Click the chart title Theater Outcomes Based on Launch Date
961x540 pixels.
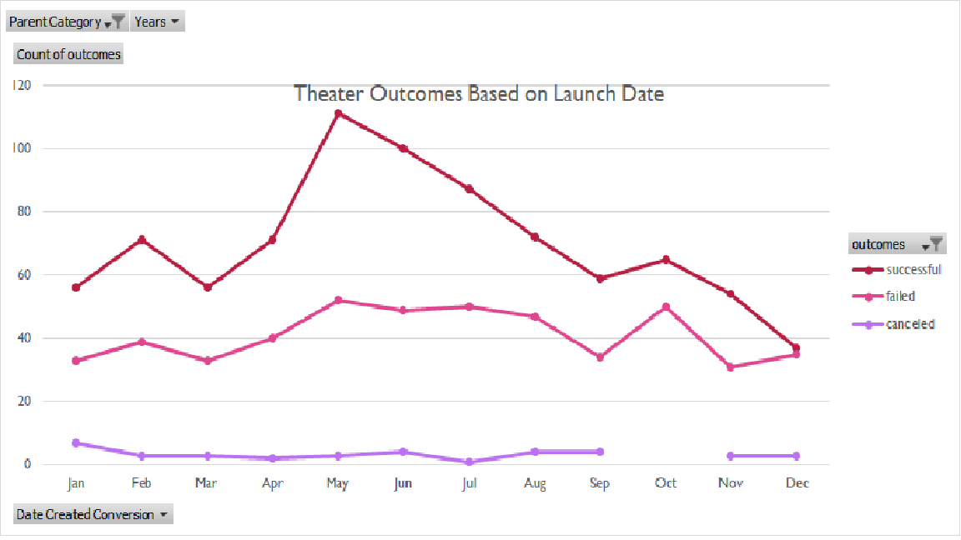click(479, 93)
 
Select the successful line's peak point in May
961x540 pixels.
click(338, 113)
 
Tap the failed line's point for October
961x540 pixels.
click(666, 307)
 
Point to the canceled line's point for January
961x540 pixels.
click(76, 442)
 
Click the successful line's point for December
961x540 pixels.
click(796, 347)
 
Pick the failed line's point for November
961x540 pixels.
click(731, 367)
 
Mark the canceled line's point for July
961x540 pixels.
click(469, 462)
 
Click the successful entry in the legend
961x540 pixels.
click(913, 269)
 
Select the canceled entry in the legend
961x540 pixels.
click(909, 324)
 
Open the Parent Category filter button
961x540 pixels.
click(67, 22)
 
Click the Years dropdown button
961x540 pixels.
click(158, 22)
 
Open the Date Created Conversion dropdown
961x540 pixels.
click(93, 514)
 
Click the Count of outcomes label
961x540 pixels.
click(68, 54)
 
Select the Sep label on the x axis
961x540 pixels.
click(600, 483)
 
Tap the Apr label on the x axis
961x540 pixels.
click(273, 483)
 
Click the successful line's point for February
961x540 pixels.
click(142, 240)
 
